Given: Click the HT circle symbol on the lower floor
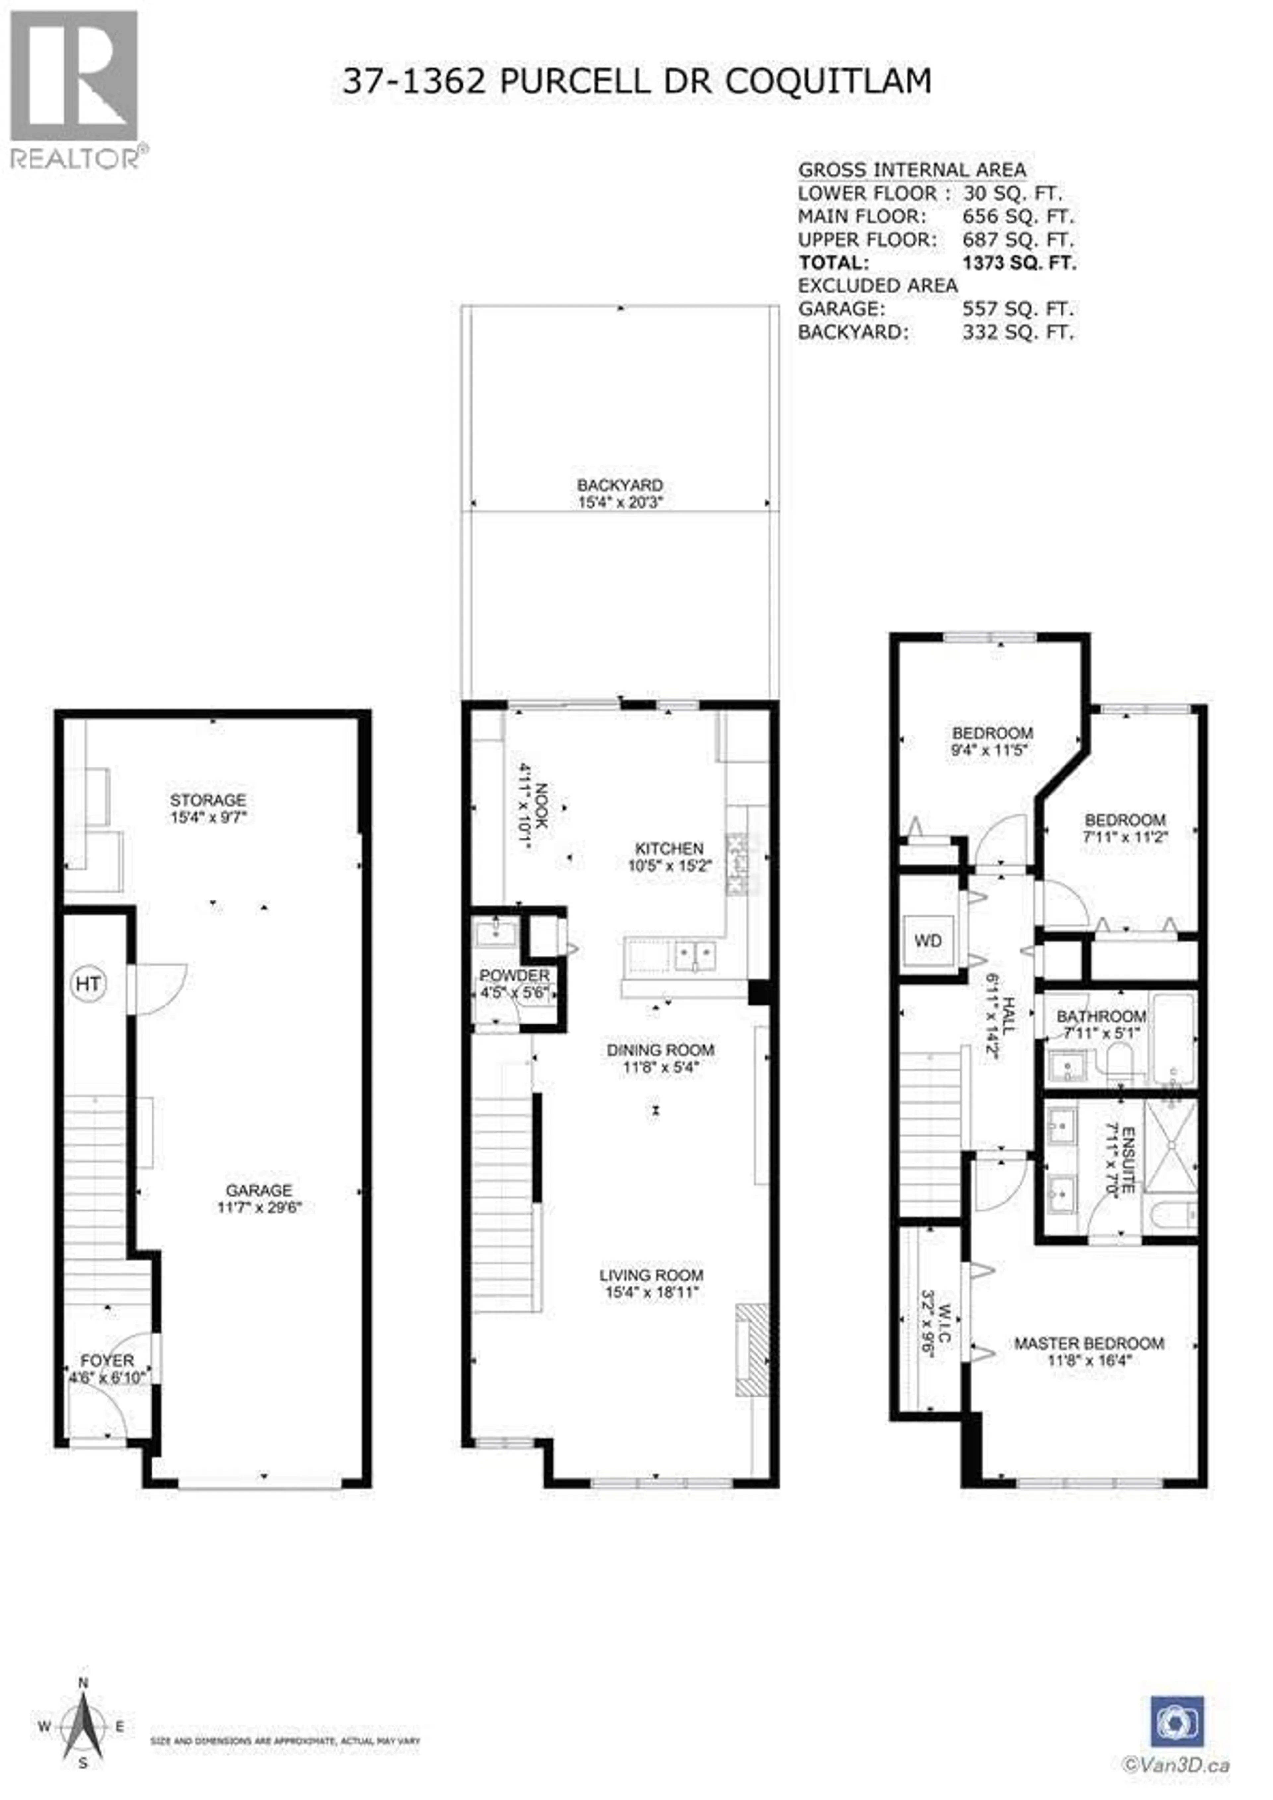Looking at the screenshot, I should (88, 983).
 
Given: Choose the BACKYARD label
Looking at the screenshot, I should (620, 485).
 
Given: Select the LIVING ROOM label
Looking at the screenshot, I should (651, 1275).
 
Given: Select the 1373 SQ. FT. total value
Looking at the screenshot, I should (1019, 263).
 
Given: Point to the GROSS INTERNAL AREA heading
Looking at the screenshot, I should (912, 170).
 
